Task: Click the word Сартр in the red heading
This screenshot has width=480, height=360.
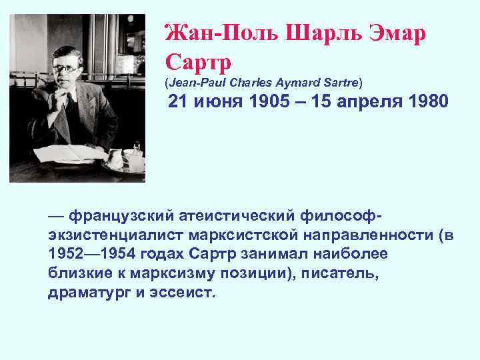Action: (x=198, y=62)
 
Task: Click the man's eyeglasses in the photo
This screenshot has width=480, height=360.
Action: (x=69, y=67)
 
